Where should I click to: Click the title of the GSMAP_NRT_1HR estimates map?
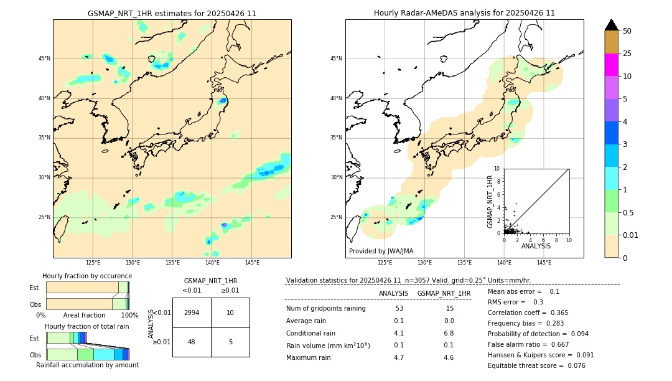(172, 13)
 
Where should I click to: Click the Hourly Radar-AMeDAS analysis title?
(464, 13)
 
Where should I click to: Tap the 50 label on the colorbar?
(627, 31)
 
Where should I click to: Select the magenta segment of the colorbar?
(611, 65)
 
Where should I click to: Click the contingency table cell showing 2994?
(192, 313)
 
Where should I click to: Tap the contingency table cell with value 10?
(230, 313)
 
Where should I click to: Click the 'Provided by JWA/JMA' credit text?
(381, 252)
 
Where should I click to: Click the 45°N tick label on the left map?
(44, 59)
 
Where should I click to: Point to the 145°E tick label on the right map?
(544, 263)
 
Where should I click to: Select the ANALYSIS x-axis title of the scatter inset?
(536, 246)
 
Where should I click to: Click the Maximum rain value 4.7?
(399, 357)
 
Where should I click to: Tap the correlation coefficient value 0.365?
(556, 313)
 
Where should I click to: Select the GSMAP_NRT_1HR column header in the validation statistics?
(444, 293)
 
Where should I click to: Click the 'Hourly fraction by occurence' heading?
(87, 276)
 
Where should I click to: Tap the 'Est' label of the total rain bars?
(34, 338)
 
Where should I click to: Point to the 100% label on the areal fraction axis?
(129, 315)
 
